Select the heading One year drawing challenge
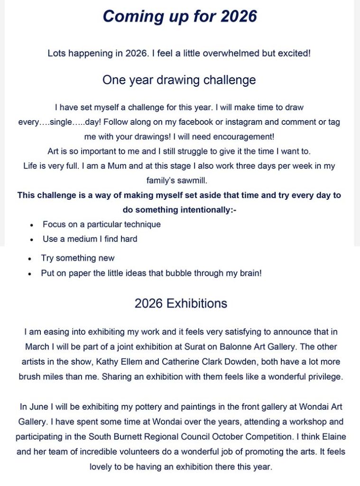(x=179, y=80)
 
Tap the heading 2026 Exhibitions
(x=181, y=303)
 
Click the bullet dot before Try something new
(x=30, y=259)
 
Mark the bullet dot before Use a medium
(x=31, y=240)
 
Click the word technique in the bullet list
(x=141, y=224)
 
